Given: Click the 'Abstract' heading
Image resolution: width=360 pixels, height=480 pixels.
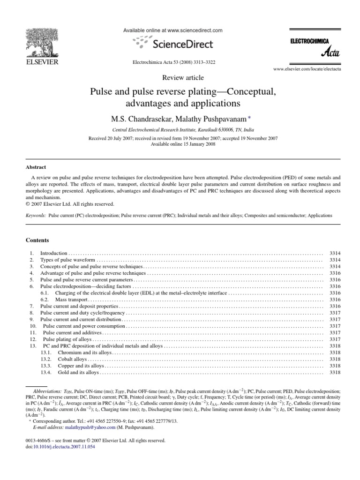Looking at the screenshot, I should (36, 166).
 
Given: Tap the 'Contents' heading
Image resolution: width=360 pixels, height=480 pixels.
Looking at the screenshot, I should (37, 240).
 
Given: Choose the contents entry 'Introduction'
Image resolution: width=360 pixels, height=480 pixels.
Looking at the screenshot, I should (54, 253).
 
